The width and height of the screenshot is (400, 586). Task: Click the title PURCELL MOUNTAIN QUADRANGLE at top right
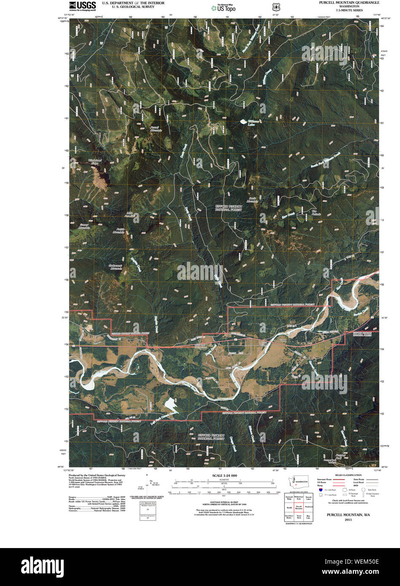349,3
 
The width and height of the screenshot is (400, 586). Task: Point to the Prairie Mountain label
120,231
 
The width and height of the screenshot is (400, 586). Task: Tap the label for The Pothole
316,212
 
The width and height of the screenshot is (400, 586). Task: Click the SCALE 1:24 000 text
224,476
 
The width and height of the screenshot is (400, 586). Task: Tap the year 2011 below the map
348,519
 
